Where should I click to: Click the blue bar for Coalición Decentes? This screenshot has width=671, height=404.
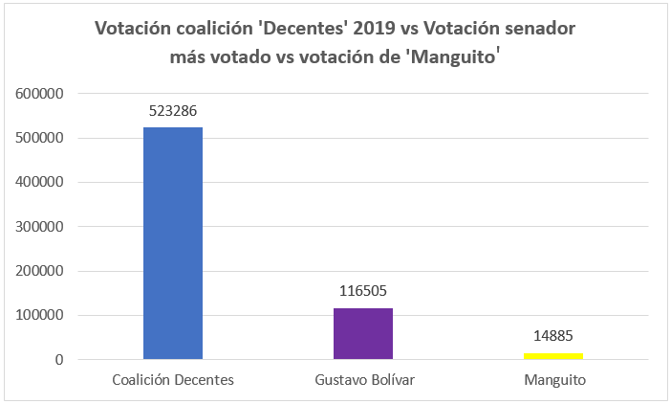tap(172, 243)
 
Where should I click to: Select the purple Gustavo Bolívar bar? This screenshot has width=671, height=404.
tap(363, 333)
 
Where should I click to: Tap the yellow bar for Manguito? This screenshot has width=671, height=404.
tap(554, 356)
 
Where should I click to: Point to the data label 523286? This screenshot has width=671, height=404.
tap(172, 111)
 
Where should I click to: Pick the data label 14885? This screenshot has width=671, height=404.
tap(554, 337)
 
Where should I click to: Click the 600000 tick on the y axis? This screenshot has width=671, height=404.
tap(41, 94)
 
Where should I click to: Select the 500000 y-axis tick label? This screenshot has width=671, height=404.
tap(41, 138)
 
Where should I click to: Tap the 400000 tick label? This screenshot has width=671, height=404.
tap(41, 182)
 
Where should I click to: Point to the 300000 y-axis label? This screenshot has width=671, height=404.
tap(41, 227)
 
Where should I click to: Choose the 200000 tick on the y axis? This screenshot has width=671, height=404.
tap(41, 271)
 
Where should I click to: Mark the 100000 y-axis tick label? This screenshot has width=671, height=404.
tap(41, 315)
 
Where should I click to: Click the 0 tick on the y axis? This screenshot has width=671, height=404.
tap(59, 360)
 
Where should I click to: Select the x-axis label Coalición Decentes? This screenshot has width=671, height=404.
tap(172, 380)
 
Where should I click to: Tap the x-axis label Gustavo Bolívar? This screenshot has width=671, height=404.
tap(363, 380)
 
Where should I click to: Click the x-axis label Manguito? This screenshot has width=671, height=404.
tap(554, 380)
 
